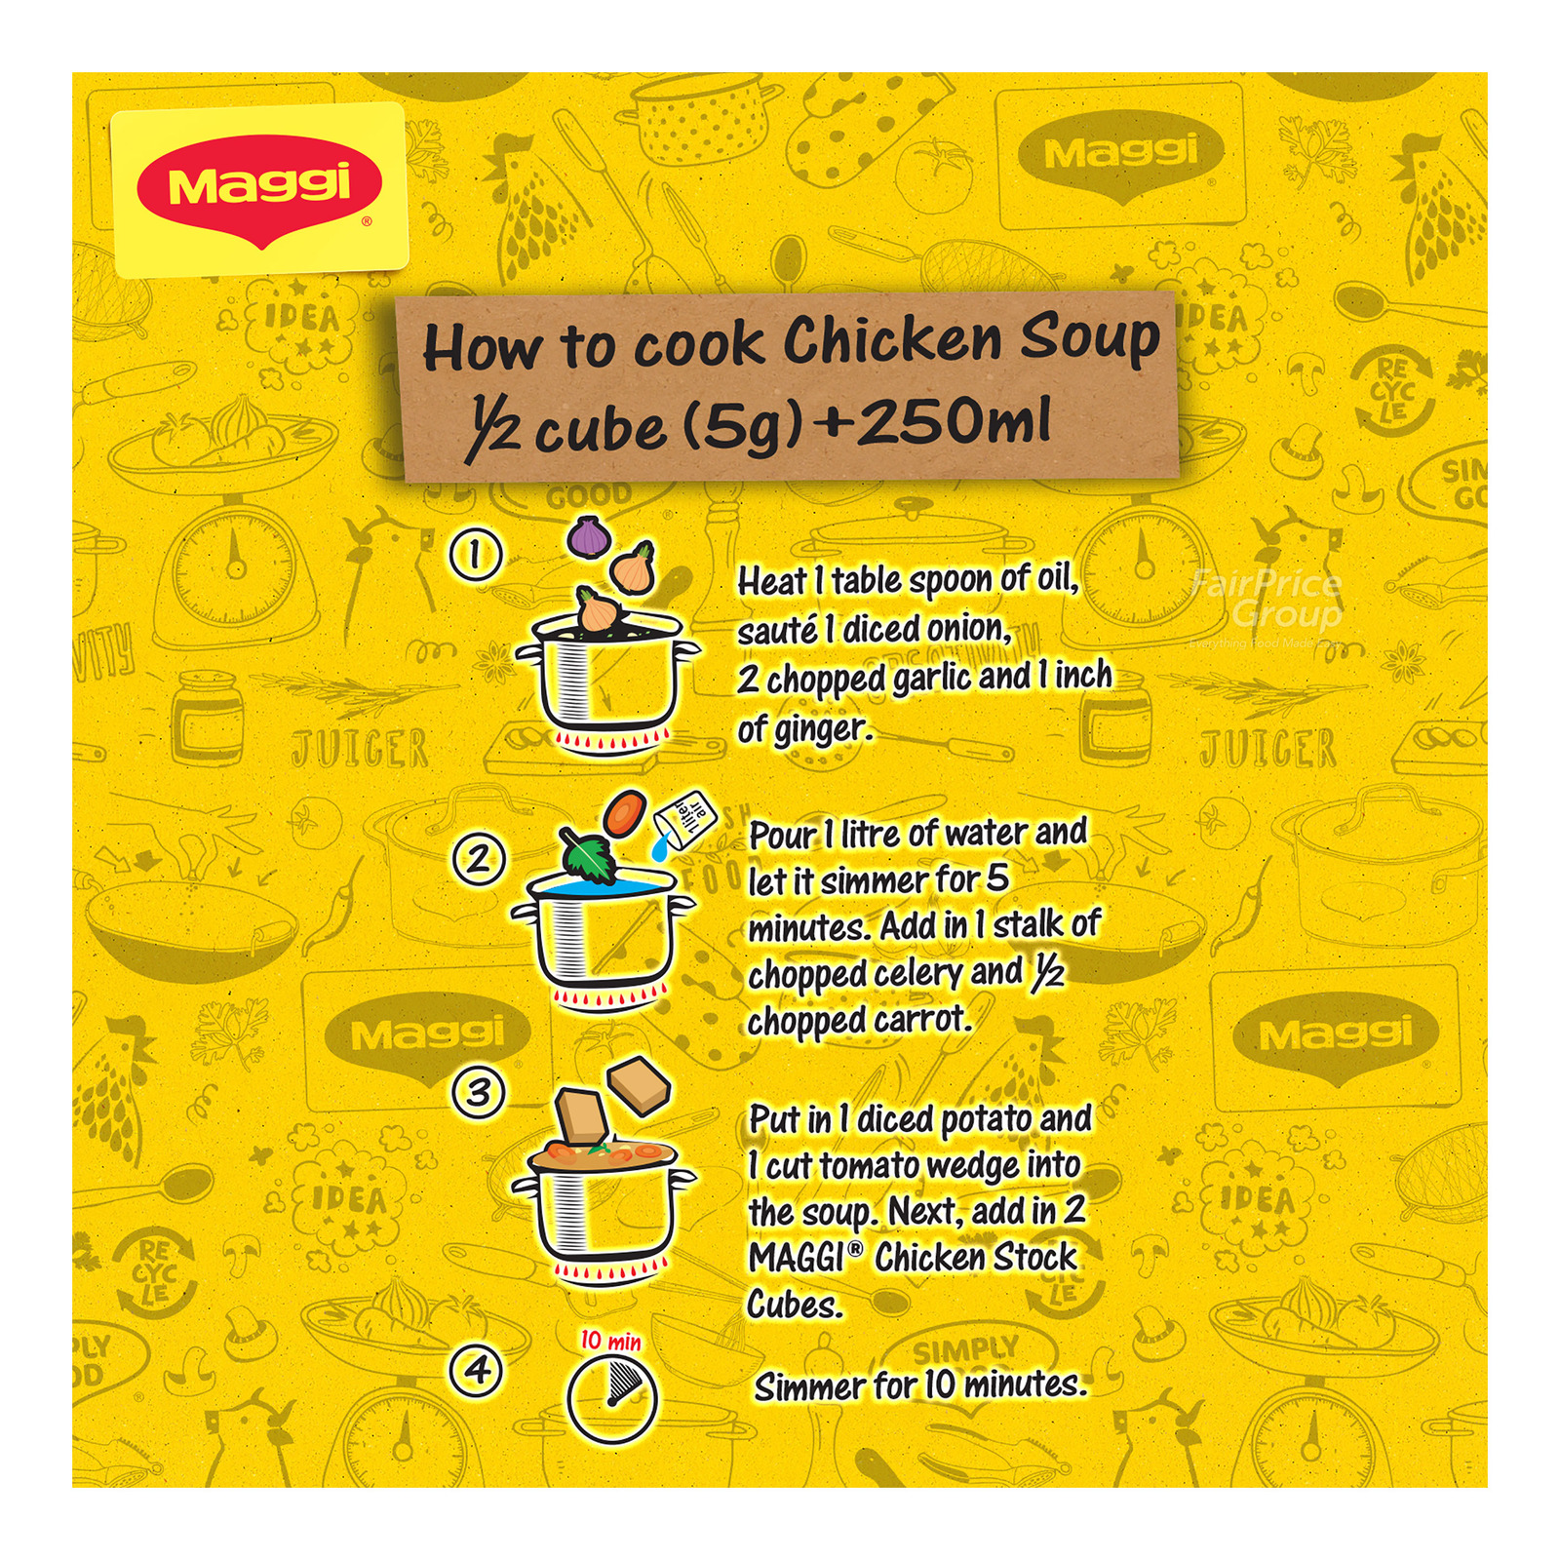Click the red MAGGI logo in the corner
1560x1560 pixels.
point(258,188)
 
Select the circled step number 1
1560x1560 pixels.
point(475,555)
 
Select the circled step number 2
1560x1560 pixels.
point(478,859)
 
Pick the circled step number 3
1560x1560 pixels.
point(478,1092)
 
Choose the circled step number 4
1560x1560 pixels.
point(476,1370)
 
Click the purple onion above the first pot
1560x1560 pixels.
point(587,535)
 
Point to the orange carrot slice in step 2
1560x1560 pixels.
point(624,812)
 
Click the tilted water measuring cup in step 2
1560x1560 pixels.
point(685,820)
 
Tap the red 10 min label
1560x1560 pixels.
point(610,1341)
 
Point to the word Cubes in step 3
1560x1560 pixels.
point(794,1304)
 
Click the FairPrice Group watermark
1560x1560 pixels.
point(1267,599)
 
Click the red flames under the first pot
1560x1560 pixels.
point(609,743)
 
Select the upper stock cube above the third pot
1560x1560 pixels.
point(640,1084)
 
